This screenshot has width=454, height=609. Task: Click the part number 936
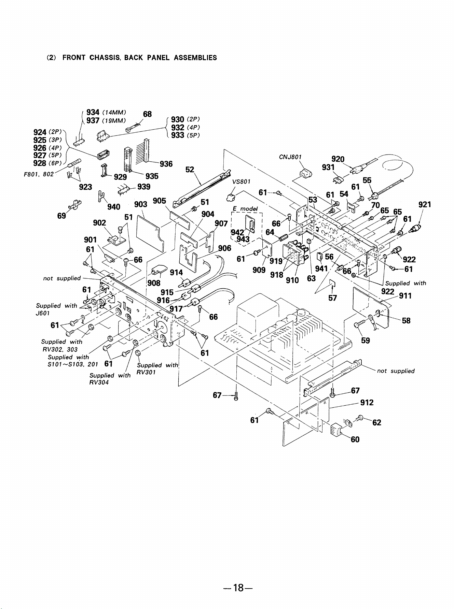coord(166,164)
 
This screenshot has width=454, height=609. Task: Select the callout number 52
coord(190,170)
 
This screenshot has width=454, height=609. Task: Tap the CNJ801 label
coord(290,157)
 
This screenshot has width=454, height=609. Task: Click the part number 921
coord(425,205)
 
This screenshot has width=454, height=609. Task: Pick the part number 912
coord(367,403)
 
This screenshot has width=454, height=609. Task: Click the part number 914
coord(176,272)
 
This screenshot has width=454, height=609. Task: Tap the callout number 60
coord(355,439)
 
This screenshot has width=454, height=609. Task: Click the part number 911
coord(405,296)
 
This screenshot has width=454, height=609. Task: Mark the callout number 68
coord(147,114)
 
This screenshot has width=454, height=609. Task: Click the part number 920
coord(338,159)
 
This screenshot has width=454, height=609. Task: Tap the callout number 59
coord(366,341)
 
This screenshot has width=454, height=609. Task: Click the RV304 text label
coord(99,382)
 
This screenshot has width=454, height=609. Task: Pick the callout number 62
coord(377,423)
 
